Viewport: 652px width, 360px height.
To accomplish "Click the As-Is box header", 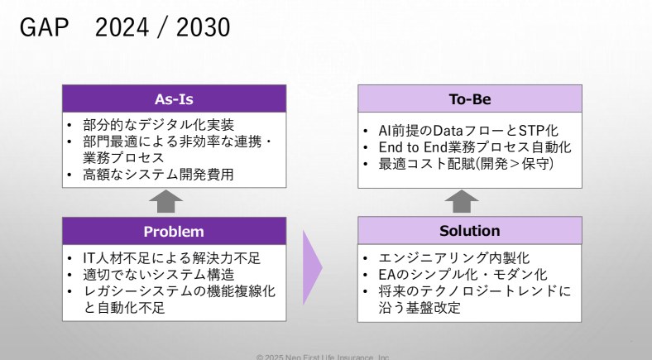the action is [x=175, y=99].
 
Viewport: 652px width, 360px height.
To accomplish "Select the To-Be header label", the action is [x=470, y=99].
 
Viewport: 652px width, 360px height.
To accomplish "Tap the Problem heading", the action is [x=174, y=231].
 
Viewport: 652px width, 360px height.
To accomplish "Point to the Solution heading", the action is [x=470, y=231].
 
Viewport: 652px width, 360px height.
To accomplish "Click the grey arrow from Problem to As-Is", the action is [x=166, y=202].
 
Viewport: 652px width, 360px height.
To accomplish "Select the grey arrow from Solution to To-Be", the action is [x=462, y=202].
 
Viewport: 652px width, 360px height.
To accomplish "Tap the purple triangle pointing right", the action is [x=312, y=267].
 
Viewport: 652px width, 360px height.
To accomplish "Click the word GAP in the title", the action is [x=44, y=27].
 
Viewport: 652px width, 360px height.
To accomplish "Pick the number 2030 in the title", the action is [x=203, y=27].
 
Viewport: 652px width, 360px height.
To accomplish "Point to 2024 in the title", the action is [x=122, y=27].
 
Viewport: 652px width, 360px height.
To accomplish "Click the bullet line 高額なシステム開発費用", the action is [x=158, y=174].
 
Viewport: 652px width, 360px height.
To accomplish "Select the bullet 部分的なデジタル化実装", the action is [x=158, y=125].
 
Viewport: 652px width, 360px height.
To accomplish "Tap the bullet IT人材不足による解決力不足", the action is [x=172, y=258].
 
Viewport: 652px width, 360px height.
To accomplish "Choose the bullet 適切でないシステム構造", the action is [x=158, y=275].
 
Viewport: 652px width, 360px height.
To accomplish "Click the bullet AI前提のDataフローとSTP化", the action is [x=468, y=131].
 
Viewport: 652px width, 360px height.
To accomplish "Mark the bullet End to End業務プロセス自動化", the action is [x=475, y=147].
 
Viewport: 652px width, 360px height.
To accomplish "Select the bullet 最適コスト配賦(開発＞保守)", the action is [x=466, y=163].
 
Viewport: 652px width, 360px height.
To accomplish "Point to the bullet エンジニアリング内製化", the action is [x=454, y=257].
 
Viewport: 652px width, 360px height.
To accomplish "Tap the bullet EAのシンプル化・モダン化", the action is [x=463, y=275].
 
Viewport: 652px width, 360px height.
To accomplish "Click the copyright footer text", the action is [x=323, y=357].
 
